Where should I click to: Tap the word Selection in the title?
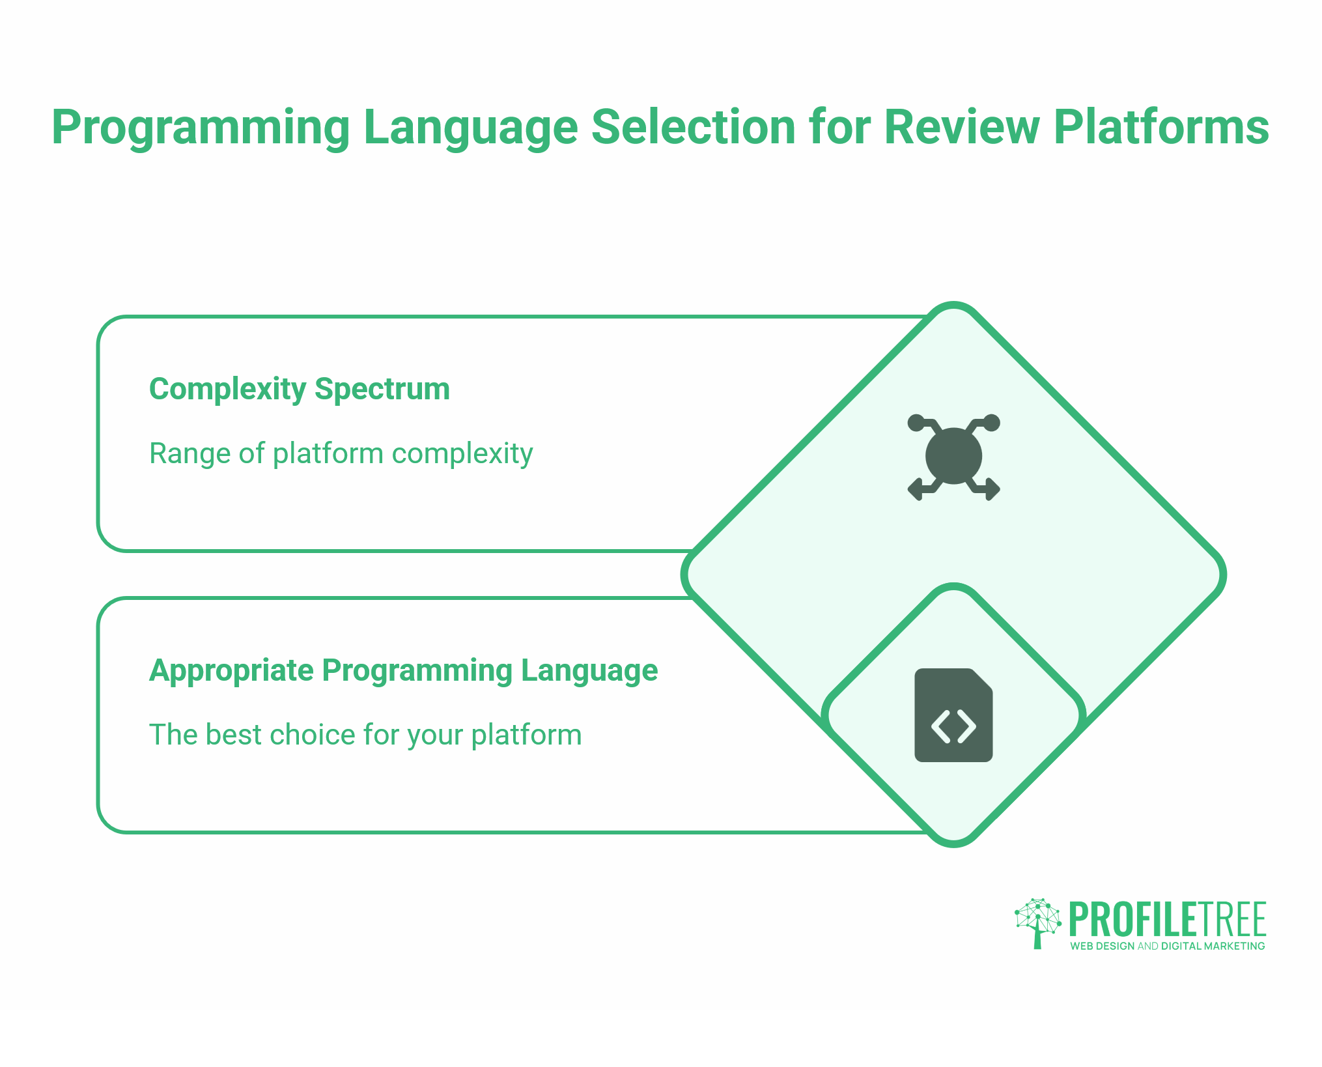pyautogui.click(x=693, y=127)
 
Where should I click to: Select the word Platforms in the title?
pyautogui.click(x=1160, y=127)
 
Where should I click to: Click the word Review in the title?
pyautogui.click(x=963, y=127)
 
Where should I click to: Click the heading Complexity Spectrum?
pyautogui.click(x=299, y=389)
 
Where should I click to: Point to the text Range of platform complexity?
pyautogui.click(x=341, y=453)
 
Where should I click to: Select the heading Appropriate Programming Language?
pyautogui.click(x=403, y=670)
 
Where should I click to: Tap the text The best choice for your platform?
pyautogui.click(x=365, y=735)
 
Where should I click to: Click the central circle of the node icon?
pyautogui.click(x=953, y=456)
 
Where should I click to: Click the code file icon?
pyautogui.click(x=953, y=715)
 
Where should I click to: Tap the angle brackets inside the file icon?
pyautogui.click(x=953, y=726)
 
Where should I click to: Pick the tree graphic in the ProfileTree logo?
pyautogui.click(x=1037, y=922)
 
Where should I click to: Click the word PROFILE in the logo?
pyautogui.click(x=1133, y=919)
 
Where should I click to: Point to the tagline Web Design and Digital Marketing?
pyautogui.click(x=1167, y=946)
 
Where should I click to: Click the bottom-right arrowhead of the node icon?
pyautogui.click(x=992, y=489)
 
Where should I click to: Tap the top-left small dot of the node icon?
pyautogui.click(x=916, y=423)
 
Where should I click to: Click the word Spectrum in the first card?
pyautogui.click(x=382, y=389)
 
